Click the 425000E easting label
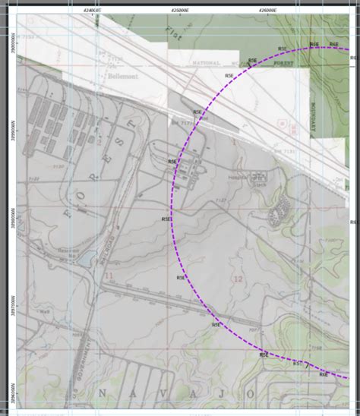[180, 10]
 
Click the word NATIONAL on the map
[207, 63]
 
